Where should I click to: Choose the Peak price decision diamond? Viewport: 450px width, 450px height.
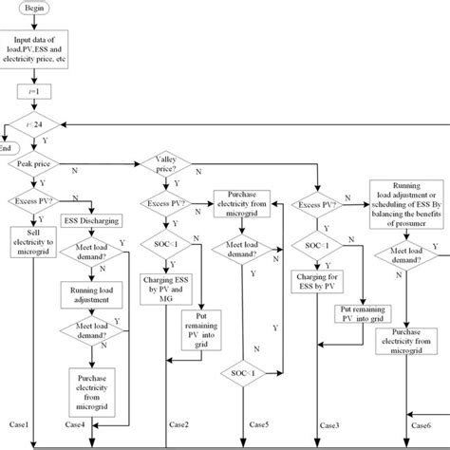click(x=38, y=164)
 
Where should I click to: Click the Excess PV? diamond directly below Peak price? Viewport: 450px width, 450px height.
click(x=37, y=200)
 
